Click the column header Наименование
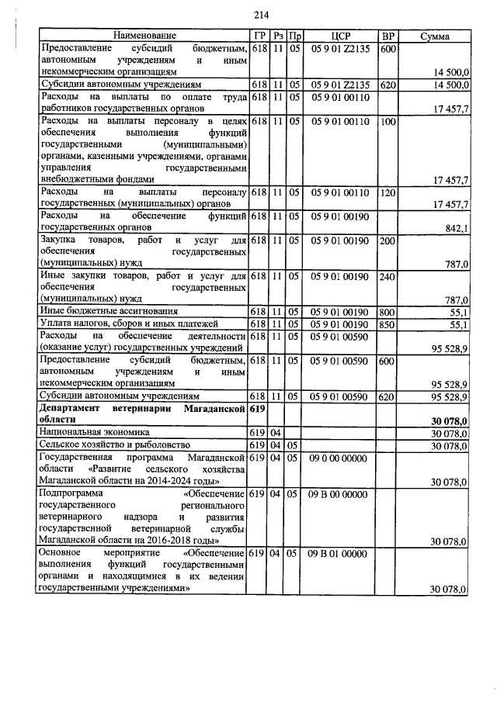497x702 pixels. pos(144,36)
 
